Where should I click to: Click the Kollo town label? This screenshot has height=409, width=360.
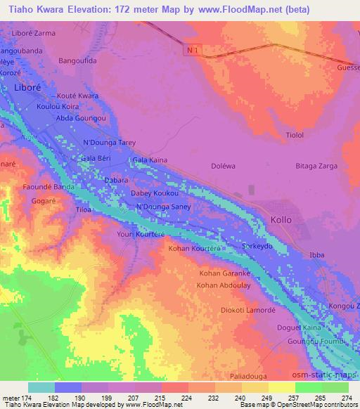click(x=281, y=220)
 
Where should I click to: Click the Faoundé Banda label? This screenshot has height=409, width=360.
click(x=49, y=188)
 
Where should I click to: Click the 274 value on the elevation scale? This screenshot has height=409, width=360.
click(x=345, y=398)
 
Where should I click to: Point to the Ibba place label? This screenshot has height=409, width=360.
click(x=318, y=254)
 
